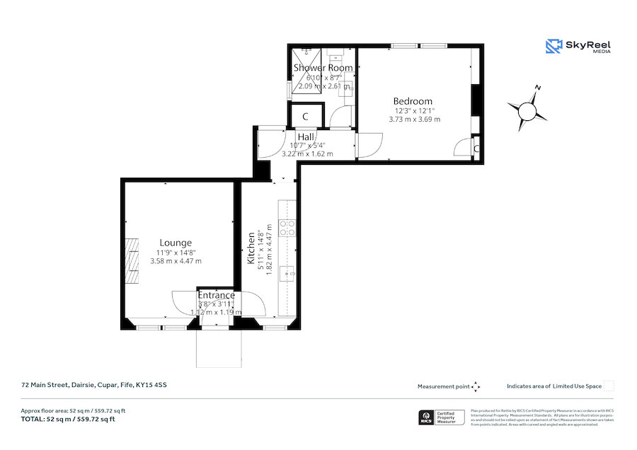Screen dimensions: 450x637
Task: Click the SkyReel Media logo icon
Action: coord(553,47)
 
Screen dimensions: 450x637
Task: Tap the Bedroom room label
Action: coord(413,101)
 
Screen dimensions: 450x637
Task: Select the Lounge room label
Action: coord(175,243)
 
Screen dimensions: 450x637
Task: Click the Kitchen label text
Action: coord(251,248)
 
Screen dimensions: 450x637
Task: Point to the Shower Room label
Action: coord(323,68)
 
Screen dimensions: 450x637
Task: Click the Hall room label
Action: coord(306,137)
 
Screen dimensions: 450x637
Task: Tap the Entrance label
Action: coord(216,295)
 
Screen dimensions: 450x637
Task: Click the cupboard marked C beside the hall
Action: coord(306,116)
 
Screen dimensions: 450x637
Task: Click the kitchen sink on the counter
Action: coord(287,272)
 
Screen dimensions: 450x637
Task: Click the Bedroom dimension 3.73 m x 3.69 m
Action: coord(414,120)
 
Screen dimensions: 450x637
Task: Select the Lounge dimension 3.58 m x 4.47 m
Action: coord(176,261)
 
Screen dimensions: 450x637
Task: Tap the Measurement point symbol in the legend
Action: coord(476,386)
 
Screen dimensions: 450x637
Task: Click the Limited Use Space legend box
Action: coord(609,386)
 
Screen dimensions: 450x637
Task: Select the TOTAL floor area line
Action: coord(68,420)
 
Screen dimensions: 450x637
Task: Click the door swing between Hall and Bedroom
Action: coord(369,144)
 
